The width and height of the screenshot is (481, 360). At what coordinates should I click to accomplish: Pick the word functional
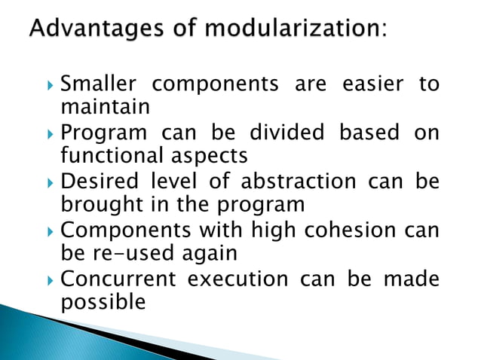pos(105,157)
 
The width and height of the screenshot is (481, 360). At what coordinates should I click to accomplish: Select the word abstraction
pos(293,182)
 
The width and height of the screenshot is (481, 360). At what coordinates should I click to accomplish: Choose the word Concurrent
pos(118,279)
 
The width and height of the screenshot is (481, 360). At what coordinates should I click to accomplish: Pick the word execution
pos(237,279)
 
